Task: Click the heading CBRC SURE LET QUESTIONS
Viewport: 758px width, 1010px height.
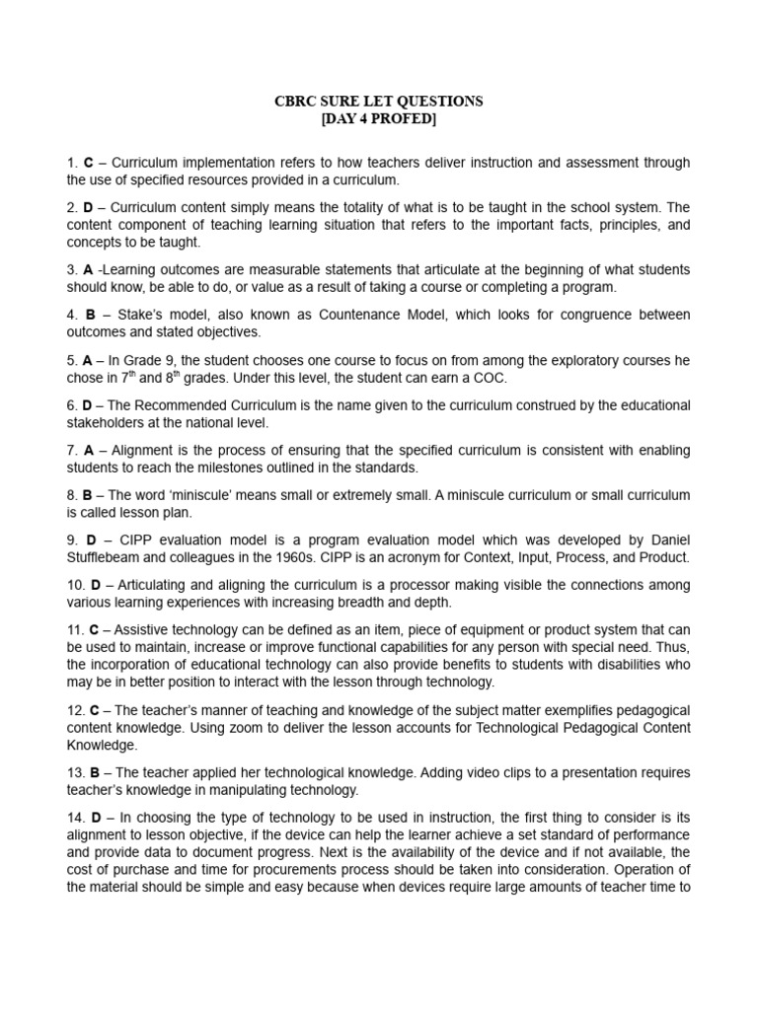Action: click(378, 102)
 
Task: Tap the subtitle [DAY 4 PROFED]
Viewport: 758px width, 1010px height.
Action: click(378, 119)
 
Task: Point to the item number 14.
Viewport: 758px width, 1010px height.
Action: click(76, 818)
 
